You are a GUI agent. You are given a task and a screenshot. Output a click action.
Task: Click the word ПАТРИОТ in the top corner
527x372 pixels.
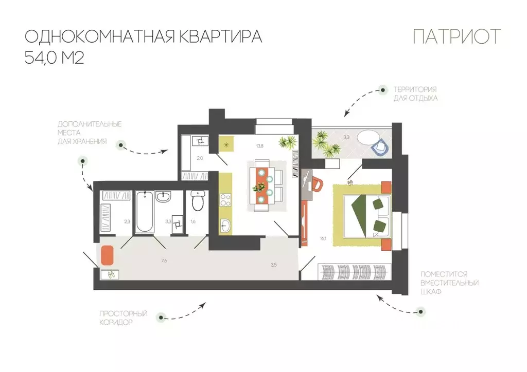pos(456,37)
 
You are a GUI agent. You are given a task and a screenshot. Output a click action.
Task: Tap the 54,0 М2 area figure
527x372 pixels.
pos(54,58)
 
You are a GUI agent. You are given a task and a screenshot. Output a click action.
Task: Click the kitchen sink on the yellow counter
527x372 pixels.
pos(226,225)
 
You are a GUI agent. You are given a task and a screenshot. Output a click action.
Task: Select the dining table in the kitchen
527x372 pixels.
pos(262,185)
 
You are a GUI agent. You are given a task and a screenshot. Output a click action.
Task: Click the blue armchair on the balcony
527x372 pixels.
pos(380,146)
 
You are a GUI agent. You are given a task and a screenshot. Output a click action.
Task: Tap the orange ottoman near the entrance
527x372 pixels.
pos(107,255)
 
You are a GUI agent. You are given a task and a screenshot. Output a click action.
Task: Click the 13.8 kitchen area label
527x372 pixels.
pos(260,146)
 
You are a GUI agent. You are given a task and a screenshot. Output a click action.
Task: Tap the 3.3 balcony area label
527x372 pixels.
pos(346,137)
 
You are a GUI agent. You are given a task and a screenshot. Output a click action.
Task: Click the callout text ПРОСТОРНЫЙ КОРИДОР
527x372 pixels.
pos(116,318)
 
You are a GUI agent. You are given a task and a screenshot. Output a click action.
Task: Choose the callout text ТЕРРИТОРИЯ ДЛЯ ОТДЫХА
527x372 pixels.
pos(415,93)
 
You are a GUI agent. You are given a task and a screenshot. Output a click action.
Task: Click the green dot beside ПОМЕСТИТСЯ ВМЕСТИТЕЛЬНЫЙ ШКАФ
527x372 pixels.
pos(421,311)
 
